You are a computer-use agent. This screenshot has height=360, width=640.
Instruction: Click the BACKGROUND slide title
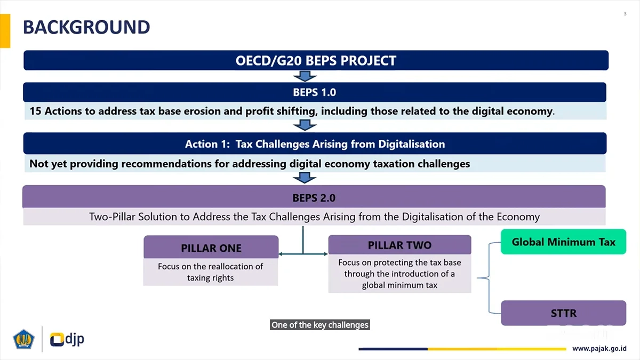pyautogui.click(x=86, y=27)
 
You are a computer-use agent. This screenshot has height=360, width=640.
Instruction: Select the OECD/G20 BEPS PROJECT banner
pyautogui.click(x=316, y=60)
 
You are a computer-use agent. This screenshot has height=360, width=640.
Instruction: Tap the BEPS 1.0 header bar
pyautogui.click(x=315, y=92)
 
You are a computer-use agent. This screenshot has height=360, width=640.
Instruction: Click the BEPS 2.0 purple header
pyautogui.click(x=314, y=197)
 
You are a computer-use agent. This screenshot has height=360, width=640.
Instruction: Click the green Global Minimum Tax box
pyautogui.click(x=563, y=242)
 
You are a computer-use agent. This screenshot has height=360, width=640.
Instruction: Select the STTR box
pyautogui.click(x=563, y=313)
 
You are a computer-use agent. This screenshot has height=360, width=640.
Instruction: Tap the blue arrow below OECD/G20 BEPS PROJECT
pyautogui.click(x=305, y=76)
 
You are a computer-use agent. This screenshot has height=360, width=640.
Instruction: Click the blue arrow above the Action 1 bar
pyautogui.click(x=305, y=125)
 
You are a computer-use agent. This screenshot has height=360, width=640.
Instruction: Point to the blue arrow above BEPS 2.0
pyautogui.click(x=305, y=178)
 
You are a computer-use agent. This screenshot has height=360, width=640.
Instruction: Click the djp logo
pyautogui.click(x=67, y=339)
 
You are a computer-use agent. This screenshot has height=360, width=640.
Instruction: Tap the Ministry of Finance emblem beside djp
pyautogui.click(x=23, y=339)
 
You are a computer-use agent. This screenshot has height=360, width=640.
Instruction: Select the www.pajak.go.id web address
pyautogui.click(x=599, y=348)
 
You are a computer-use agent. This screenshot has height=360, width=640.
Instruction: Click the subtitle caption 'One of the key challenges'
pyautogui.click(x=319, y=325)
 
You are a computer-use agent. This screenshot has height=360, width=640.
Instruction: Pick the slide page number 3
pyautogui.click(x=625, y=14)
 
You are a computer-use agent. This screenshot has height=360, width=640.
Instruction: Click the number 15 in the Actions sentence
pyautogui.click(x=35, y=111)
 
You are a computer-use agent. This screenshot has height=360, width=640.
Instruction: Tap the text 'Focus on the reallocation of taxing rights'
pyautogui.click(x=211, y=272)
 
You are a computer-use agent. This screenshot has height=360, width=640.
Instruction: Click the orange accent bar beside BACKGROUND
pyautogui.click(x=5, y=31)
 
